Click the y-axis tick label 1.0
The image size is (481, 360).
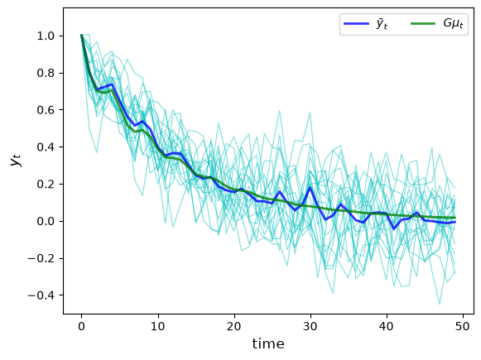click(46, 36)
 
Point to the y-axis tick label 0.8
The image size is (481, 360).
click(46, 74)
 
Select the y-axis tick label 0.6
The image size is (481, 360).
click(46, 110)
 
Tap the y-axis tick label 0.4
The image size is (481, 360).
click(46, 147)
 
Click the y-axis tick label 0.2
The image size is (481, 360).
click(46, 185)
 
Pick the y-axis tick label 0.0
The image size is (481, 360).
click(46, 222)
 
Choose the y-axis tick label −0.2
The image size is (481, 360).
click(41, 258)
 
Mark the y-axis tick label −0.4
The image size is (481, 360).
click(41, 295)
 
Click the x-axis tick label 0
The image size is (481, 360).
click(81, 327)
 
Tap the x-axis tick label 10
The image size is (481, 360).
click(157, 327)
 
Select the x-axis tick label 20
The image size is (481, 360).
click(234, 327)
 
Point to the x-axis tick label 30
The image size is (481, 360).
click(310, 327)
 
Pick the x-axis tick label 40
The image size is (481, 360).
click(387, 327)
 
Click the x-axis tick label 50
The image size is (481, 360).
click(463, 327)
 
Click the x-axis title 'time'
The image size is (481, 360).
click(268, 343)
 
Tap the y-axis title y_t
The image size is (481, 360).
click(17, 160)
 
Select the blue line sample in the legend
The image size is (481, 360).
click(356, 24)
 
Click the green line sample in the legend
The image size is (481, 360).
click(423, 24)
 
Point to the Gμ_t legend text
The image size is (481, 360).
click(453, 24)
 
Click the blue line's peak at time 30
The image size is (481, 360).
click(310, 187)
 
